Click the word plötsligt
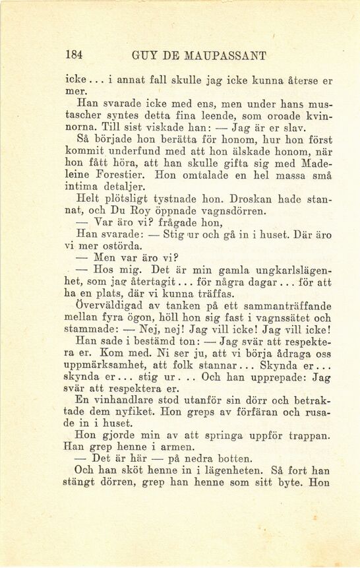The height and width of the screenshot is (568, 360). tap(140, 199)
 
